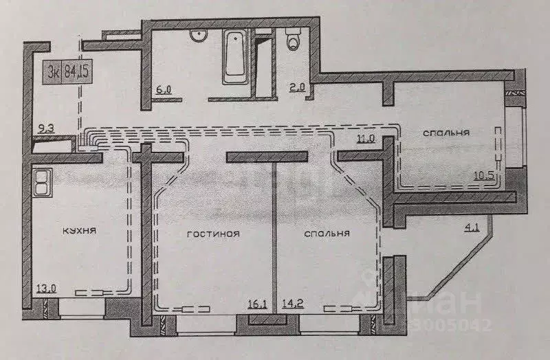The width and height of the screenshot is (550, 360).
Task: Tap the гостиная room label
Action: click(x=213, y=234)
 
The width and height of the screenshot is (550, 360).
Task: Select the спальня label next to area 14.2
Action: click(x=327, y=234)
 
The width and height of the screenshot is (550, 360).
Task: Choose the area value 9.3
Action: click(x=47, y=127)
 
